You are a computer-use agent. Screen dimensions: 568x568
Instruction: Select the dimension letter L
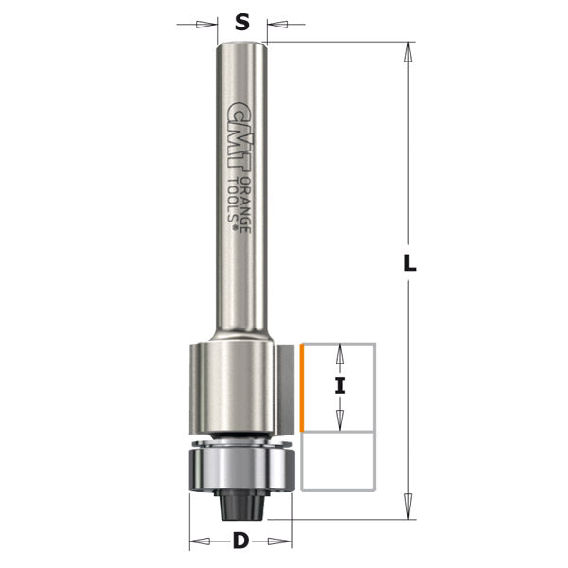(409, 266)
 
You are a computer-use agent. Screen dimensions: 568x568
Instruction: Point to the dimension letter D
(241, 543)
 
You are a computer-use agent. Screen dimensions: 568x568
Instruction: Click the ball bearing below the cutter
(241, 469)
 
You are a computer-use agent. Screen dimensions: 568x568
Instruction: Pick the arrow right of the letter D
(283, 543)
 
